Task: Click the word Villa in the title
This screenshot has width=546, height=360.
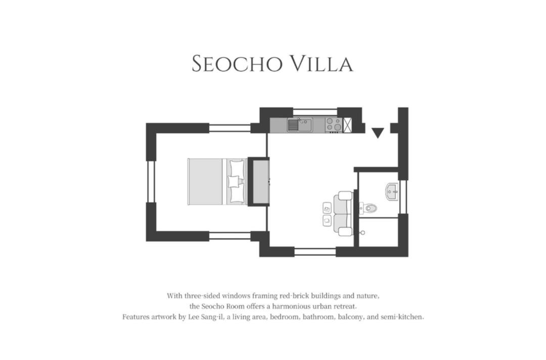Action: [322, 64]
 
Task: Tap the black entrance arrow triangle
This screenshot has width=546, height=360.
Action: [378, 132]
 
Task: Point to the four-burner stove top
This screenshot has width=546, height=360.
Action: [334, 125]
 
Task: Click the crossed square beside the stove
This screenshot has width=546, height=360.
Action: [347, 125]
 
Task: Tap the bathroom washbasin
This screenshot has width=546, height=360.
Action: [392, 192]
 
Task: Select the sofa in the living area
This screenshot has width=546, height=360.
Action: [343, 213]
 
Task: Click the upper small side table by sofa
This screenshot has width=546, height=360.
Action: [327, 208]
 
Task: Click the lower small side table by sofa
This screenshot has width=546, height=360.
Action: [327, 220]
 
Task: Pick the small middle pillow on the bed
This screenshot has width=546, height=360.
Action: [233, 182]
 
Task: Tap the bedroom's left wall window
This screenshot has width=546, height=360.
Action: [151, 182]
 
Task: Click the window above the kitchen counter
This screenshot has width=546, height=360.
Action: [315, 112]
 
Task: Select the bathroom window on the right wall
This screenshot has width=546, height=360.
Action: [403, 197]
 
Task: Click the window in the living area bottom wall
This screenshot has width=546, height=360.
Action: [315, 252]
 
